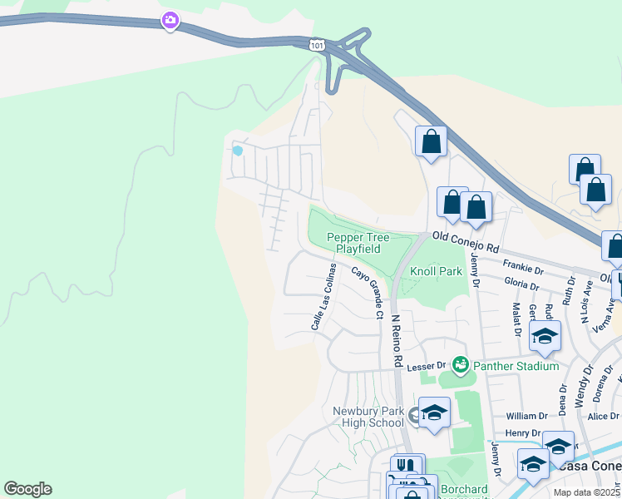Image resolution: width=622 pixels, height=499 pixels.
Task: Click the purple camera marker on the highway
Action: tap(170, 21)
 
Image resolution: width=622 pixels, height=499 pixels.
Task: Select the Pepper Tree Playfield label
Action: tap(353, 243)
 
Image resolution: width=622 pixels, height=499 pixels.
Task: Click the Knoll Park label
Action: tap(436, 272)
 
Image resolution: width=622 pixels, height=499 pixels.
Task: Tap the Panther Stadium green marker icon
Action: tap(459, 364)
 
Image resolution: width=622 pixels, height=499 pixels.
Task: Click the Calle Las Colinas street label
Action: tap(323, 297)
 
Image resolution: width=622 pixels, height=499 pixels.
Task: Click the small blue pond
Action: tap(238, 151)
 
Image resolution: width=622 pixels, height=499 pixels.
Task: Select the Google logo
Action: tap(27, 489)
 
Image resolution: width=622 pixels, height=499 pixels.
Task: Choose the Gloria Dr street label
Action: tap(521, 284)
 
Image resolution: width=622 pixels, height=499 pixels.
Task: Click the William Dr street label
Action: tap(527, 416)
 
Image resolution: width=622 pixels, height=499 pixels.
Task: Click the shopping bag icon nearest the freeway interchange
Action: tap(432, 141)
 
